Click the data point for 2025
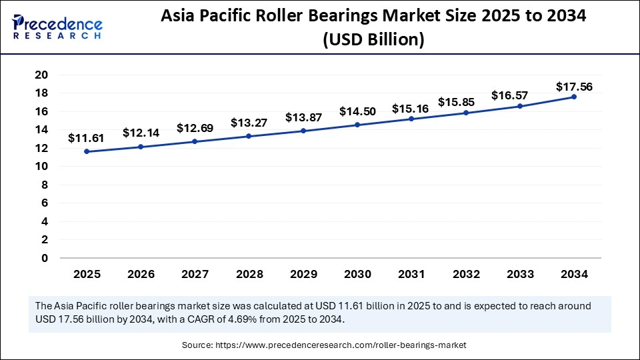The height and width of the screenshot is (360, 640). pos(87,151)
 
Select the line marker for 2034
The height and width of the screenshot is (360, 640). pos(574,97)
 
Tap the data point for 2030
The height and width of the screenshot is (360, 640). pos(357,125)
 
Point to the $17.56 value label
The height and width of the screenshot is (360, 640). pos(574,87)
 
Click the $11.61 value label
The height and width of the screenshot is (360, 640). pos(87,139)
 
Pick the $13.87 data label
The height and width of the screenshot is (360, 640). pos(303,117)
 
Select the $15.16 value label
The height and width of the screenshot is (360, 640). pos(411,109)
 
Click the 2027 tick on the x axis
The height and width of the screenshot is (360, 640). pos(195,274)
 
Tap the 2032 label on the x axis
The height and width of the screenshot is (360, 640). pos(465,274)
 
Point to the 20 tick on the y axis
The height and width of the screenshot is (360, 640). pos(41,75)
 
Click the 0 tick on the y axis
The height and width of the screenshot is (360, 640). pos(44,258)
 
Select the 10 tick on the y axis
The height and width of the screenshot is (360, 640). pos(41,167)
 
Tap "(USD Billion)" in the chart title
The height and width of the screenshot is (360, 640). pos(373,40)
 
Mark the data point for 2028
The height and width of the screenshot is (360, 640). pos(249,136)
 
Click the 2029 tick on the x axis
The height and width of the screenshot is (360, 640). pos(303,274)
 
